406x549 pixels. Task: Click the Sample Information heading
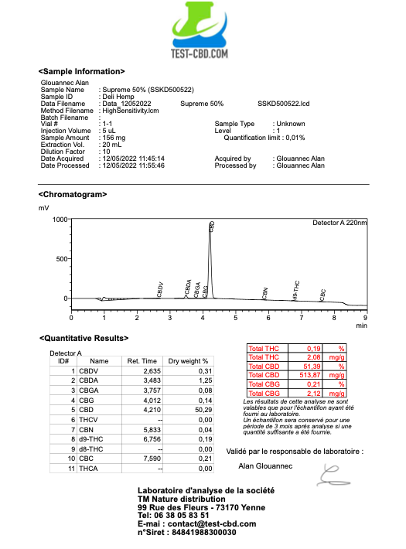tap(81, 71)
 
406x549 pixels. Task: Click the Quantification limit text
tap(264, 138)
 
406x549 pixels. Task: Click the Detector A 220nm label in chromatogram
tap(339, 223)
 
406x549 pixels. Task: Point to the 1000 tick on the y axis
tap(59, 220)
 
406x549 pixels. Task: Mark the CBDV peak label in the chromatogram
tap(160, 289)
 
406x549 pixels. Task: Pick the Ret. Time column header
tap(143, 360)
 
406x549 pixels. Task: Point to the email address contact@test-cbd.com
tap(200, 523)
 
